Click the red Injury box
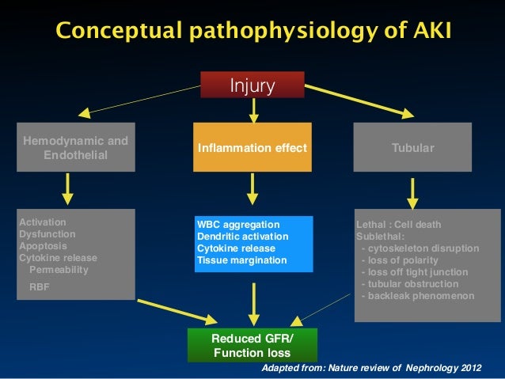252,85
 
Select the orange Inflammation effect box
252,147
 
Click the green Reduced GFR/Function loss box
252,345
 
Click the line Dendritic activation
242,237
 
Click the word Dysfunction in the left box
47,234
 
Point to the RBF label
39,287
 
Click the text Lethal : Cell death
399,225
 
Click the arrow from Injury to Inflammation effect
252,110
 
